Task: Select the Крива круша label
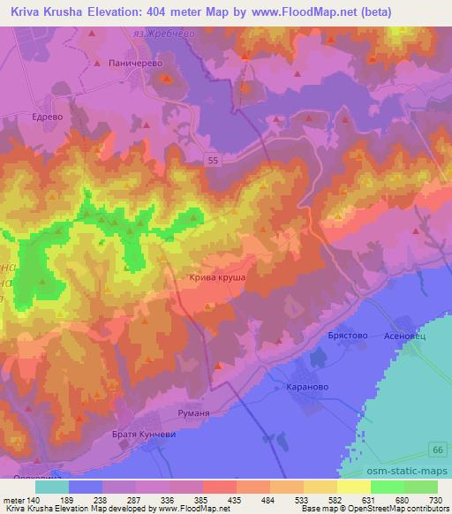[216, 277]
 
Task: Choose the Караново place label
[308, 386]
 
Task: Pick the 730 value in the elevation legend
[435, 500]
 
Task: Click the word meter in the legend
[13, 500]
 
